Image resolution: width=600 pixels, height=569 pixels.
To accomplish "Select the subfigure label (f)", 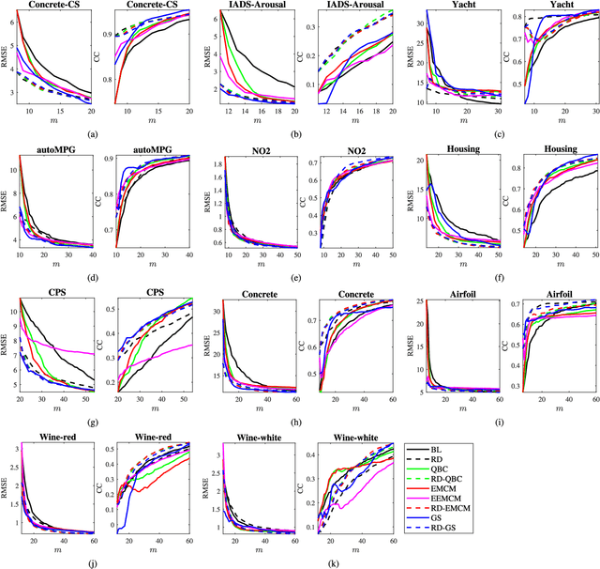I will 494,278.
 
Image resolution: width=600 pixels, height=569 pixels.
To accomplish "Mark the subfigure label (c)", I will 494,134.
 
